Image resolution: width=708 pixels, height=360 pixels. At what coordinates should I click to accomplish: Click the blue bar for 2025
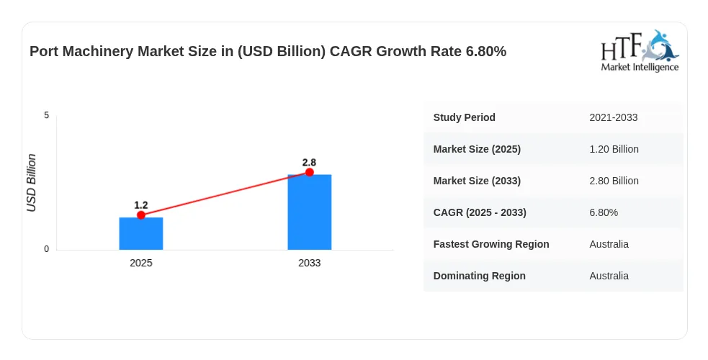(141, 233)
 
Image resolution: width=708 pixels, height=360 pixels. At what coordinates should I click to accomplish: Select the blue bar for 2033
(309, 212)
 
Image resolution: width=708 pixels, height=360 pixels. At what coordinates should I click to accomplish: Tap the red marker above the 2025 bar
(141, 215)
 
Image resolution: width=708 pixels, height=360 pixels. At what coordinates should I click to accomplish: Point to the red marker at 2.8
(309, 172)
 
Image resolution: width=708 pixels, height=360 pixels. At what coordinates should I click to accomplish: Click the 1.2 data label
(141, 205)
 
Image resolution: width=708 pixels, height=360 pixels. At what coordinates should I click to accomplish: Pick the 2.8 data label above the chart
(309, 163)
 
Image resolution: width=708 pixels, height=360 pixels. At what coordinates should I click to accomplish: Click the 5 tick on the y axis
(47, 115)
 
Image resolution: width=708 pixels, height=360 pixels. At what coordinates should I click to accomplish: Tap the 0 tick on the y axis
(47, 249)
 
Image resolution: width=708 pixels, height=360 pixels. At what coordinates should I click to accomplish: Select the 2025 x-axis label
(141, 263)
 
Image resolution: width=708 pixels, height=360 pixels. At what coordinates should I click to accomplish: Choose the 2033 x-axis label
(309, 263)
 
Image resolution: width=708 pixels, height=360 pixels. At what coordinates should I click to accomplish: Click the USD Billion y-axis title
(31, 183)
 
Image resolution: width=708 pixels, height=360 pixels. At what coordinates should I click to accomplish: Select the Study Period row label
(464, 117)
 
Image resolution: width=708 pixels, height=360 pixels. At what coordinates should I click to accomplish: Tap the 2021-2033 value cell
(613, 117)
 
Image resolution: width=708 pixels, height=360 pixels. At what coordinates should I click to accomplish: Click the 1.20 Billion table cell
(614, 149)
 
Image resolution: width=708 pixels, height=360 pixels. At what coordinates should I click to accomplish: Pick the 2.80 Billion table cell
(614, 181)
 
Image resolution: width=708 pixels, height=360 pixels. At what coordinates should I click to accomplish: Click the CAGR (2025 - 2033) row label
(480, 212)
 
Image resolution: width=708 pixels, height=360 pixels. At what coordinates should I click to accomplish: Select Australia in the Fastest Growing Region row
(609, 244)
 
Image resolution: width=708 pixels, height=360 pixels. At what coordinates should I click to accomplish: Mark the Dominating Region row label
(479, 276)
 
